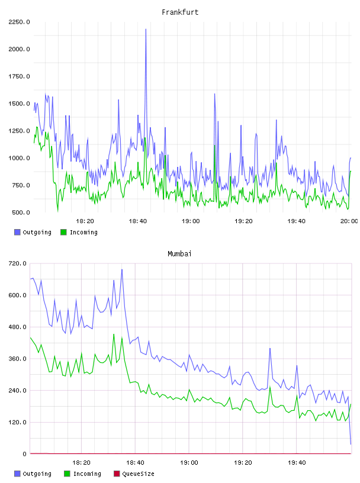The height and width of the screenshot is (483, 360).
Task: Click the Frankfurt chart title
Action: pos(180,12)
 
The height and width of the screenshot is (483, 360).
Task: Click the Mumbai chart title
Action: pos(179,254)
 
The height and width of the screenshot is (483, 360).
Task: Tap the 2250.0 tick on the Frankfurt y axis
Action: pos(19,22)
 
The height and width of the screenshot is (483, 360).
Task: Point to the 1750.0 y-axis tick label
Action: pos(19,76)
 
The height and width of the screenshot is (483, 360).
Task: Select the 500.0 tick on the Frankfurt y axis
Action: pos(21,212)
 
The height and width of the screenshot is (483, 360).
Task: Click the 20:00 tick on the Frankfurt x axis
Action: pos(349,221)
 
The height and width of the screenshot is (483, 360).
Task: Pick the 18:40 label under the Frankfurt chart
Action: pos(138,221)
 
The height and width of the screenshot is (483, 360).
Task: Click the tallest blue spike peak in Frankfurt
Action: pos(146,29)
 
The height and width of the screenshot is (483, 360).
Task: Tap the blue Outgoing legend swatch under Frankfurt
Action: pos(17,232)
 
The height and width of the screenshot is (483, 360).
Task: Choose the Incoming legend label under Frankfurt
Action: pos(83,232)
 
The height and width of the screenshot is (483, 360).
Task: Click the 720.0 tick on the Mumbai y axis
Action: pos(18,263)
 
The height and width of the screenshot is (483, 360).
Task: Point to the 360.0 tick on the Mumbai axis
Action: pos(18,359)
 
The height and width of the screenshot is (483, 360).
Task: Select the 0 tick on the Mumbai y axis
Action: pos(24,454)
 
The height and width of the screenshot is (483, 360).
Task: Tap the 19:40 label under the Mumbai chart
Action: pos(297,463)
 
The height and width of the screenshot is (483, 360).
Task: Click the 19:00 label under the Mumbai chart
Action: pos(189,463)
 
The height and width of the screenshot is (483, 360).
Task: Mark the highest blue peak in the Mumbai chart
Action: pos(122,270)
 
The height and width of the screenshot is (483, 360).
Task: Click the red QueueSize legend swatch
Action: pos(117,474)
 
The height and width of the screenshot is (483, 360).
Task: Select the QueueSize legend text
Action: pos(138,474)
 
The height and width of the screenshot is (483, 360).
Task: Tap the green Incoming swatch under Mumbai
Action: pos(67,474)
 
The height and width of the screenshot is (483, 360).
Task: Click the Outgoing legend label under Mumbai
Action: pos(37,474)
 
